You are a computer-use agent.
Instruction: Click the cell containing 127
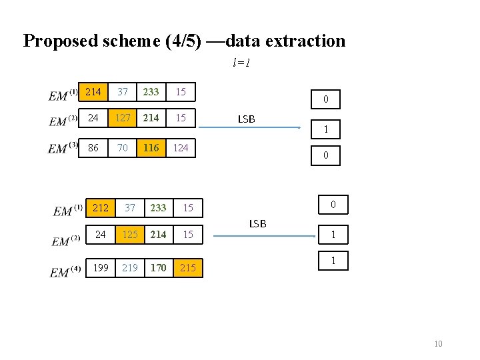pos(122,117)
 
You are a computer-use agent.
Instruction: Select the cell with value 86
pos(93,147)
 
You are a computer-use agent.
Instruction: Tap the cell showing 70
pos(122,147)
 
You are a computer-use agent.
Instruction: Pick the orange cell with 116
pos(151,147)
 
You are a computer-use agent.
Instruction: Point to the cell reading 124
pos(180,147)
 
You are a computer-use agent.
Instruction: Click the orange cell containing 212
pos(101,208)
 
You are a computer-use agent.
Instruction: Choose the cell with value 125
pos(129,235)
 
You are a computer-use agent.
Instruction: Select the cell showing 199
pos(101,267)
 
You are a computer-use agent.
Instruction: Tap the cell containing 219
pos(129,267)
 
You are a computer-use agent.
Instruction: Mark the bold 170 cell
pos(158,267)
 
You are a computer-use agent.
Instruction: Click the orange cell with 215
pos(188,267)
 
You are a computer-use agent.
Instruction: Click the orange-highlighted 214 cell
pos(93,91)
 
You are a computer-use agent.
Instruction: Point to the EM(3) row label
pos(63,148)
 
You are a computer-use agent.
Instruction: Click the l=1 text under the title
pos(241,63)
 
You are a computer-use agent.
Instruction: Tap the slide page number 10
pos(438,343)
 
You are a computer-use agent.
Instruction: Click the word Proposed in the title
pos(61,41)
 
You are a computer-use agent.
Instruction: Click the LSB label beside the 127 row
pos(246,119)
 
